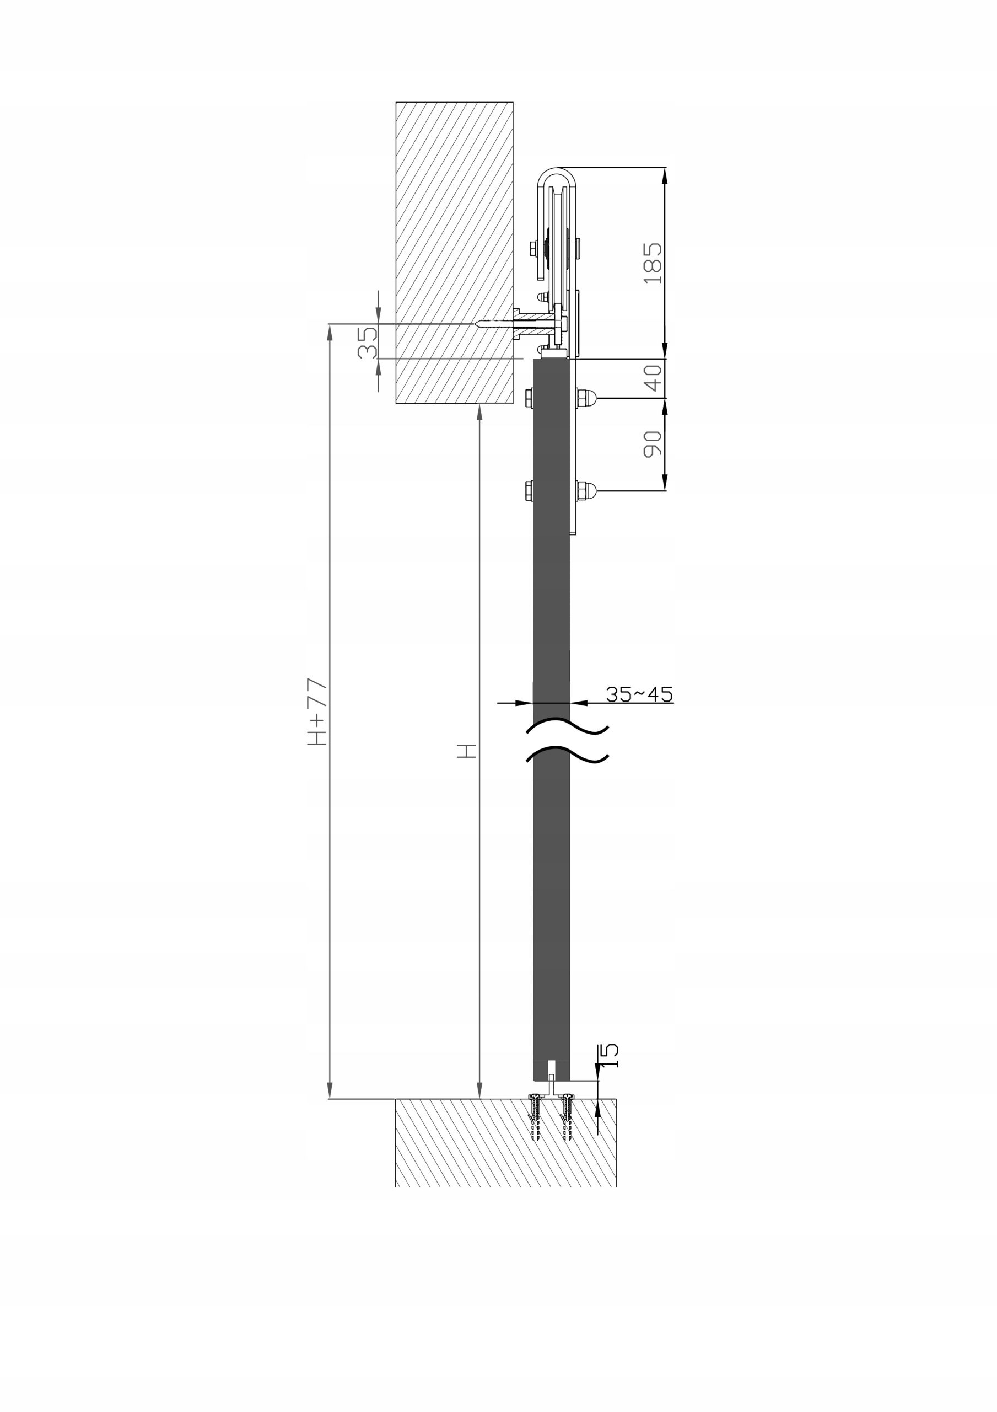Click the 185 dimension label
(653, 263)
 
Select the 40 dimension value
(653, 378)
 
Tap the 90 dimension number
(653, 444)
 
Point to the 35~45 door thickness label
(639, 694)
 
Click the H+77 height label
(317, 712)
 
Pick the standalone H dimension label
(467, 750)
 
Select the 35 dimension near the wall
(367, 342)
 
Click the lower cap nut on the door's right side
(586, 491)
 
